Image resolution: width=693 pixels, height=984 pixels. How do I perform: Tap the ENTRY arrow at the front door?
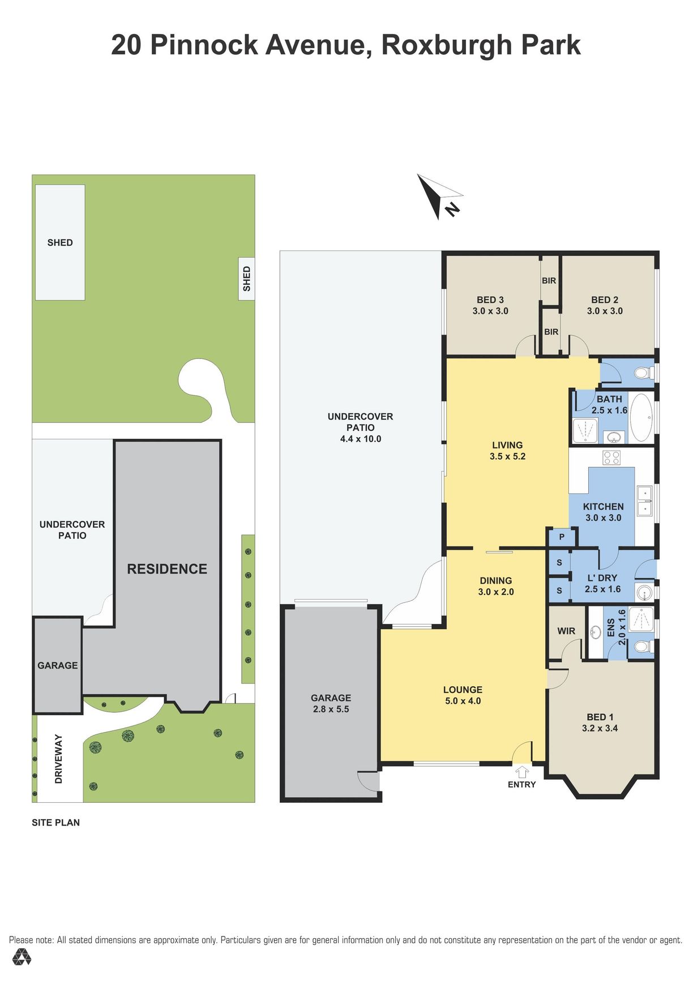click(522, 772)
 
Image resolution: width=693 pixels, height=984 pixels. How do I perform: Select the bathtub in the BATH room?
click(641, 417)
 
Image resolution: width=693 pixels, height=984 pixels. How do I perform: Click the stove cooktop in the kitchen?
click(611, 457)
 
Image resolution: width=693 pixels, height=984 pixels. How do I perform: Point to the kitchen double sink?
click(644, 501)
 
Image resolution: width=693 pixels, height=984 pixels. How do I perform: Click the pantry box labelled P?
click(562, 537)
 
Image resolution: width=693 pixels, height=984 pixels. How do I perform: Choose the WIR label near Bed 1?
click(566, 631)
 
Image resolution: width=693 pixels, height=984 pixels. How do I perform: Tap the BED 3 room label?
click(490, 305)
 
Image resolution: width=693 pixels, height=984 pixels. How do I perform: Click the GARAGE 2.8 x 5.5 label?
click(331, 703)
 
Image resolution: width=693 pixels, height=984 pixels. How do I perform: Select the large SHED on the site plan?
click(60, 242)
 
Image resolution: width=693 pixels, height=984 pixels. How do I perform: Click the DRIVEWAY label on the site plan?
click(58, 759)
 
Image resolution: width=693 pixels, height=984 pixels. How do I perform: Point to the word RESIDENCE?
click(167, 569)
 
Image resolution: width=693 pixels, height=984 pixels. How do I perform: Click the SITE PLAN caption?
click(55, 823)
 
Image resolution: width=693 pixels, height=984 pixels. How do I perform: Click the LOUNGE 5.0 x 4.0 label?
click(463, 695)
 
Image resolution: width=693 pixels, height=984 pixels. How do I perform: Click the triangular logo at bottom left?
click(22, 957)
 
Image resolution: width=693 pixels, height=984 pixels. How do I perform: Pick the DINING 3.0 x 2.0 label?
click(496, 586)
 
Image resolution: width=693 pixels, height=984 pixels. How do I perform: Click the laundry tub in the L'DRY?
click(644, 593)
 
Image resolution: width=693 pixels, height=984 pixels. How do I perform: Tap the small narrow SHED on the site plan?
click(246, 279)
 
